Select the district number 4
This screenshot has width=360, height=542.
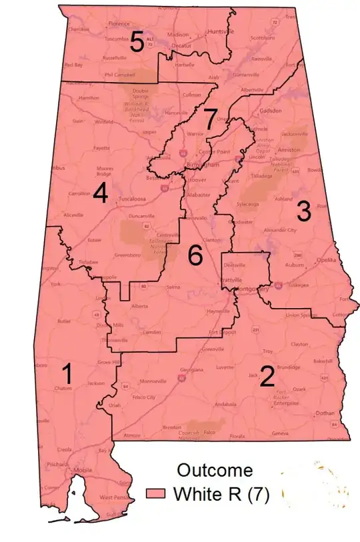coord(101,193)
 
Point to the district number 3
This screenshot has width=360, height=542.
coord(303,212)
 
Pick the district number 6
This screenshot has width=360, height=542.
coord(195,255)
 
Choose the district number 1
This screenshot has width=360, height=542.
coord(69,374)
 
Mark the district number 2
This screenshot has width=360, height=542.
coord(267,377)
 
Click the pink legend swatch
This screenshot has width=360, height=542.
coord(157,494)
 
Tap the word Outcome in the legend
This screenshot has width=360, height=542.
coord(215,470)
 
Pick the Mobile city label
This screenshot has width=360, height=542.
coord(83,470)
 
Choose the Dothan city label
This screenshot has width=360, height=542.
coord(325,413)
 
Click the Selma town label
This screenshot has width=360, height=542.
coord(173,287)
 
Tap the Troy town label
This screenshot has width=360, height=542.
coord(268,351)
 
